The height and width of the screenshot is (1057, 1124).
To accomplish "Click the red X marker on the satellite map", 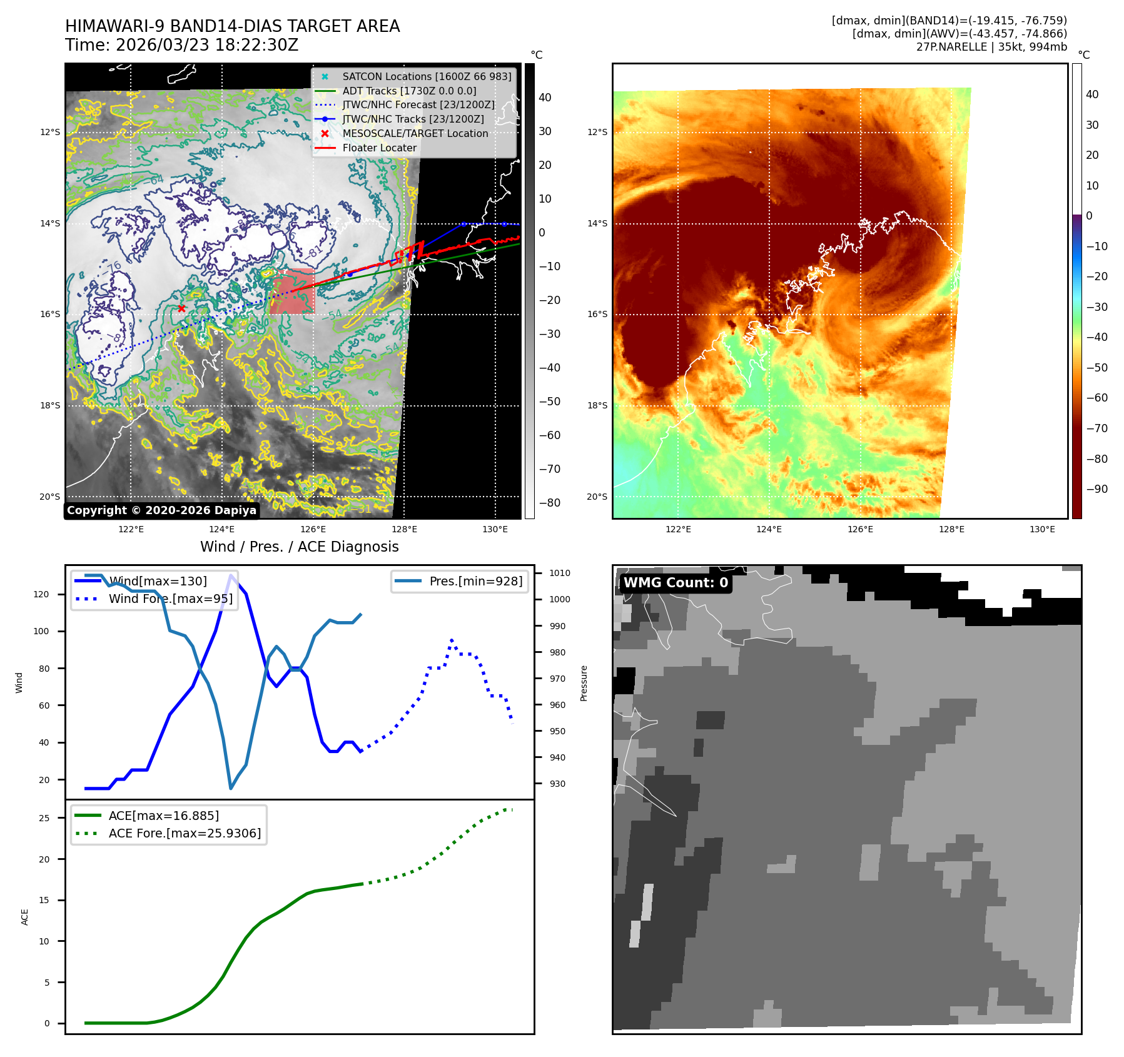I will point(181,308).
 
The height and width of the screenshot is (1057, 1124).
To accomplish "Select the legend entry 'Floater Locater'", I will point(379,148).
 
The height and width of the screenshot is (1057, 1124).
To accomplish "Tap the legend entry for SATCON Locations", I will point(427,76).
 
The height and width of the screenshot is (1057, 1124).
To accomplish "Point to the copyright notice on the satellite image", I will point(161,510).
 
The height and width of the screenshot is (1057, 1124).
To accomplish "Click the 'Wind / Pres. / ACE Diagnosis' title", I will point(299,547).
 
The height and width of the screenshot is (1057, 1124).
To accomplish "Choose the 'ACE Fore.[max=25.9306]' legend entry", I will point(185,833).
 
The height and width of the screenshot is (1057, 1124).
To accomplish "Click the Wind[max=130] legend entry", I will point(158,581).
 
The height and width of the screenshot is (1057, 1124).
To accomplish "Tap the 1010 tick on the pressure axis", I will point(559,573).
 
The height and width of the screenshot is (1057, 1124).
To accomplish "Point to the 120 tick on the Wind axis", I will point(41,594).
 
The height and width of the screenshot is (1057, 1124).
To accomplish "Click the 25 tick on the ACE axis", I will point(44,818).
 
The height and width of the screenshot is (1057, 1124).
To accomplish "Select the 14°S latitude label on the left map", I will point(50,223).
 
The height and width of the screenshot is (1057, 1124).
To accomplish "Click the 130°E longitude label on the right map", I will point(1042,529).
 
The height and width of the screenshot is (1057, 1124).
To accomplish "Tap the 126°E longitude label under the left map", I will point(313,529).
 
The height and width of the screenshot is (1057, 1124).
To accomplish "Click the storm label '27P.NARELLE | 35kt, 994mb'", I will point(991,47).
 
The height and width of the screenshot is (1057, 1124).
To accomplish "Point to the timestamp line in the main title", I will point(181,45).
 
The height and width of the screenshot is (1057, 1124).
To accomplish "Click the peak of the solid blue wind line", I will point(231,575).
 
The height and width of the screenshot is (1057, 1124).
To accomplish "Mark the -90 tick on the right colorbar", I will point(1097,489).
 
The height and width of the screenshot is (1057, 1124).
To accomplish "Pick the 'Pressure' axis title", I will point(584,683).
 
